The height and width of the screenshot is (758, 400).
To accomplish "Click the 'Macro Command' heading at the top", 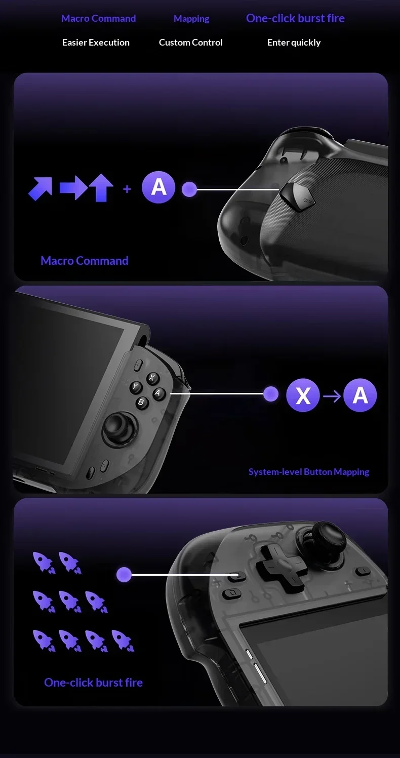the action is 98,18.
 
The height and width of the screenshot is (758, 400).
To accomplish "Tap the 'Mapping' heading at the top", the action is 191,19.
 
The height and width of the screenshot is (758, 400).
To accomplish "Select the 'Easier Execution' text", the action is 96,43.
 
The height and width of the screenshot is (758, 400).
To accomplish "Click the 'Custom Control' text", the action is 190,43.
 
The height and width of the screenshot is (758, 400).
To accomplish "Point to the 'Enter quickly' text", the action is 294,43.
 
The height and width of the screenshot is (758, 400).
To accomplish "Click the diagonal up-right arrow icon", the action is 41,188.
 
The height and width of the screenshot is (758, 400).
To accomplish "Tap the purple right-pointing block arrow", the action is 73,189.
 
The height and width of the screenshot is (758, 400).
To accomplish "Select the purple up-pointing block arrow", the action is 101,188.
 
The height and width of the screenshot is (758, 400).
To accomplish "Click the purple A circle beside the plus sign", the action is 158,187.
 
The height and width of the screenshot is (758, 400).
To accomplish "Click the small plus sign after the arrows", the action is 127,189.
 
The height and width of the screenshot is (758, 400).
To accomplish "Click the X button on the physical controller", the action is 151,378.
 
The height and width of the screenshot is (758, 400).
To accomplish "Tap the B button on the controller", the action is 141,403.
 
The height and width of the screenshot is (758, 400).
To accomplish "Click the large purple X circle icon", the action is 303,395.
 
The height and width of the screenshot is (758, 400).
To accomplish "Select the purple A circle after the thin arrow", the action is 360,395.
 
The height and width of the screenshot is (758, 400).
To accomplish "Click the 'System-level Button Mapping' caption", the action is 309,472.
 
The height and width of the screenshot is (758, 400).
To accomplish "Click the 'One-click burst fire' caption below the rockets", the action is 93,682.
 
